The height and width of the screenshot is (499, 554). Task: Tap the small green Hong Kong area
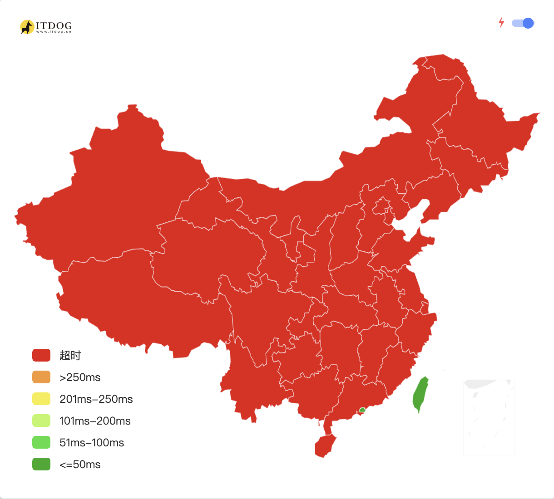click(x=362, y=410)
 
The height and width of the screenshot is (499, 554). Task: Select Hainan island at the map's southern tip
click(x=325, y=445)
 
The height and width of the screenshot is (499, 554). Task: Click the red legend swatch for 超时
click(x=41, y=355)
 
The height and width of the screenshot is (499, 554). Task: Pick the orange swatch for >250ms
click(x=41, y=377)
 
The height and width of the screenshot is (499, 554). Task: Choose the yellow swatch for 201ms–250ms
click(x=41, y=399)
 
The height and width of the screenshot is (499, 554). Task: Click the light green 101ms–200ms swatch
click(x=41, y=421)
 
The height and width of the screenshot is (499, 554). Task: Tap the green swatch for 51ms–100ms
click(x=41, y=442)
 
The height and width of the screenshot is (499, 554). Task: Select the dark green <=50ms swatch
click(x=41, y=464)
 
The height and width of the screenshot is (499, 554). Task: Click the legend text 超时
click(x=70, y=356)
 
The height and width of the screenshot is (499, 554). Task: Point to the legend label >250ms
click(x=80, y=377)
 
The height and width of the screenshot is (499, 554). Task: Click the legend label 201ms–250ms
click(x=96, y=399)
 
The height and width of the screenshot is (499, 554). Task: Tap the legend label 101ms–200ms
click(x=95, y=421)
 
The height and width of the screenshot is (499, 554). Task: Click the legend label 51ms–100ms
click(x=92, y=443)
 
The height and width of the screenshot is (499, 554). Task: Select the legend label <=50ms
click(x=80, y=465)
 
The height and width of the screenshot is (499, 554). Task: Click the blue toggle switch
click(x=523, y=23)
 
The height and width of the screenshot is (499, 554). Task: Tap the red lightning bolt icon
click(x=501, y=22)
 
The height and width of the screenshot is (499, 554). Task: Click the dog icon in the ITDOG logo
click(x=27, y=27)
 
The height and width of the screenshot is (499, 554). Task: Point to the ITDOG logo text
click(x=54, y=26)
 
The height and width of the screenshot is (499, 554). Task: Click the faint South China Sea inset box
click(x=489, y=417)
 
